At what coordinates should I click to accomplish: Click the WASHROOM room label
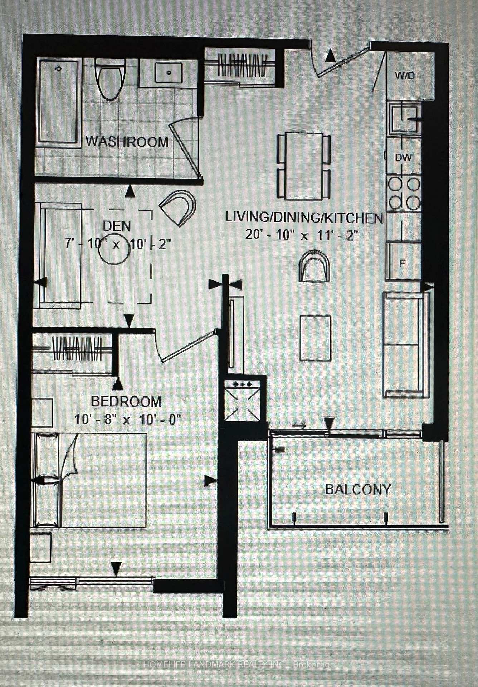point(127,142)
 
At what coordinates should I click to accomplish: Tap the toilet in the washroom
point(110,79)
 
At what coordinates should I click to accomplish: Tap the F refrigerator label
point(402,264)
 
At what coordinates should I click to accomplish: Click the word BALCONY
point(358,489)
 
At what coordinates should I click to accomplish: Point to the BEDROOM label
point(126,401)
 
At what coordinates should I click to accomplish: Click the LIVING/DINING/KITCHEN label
point(304,217)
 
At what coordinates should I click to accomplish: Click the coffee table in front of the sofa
point(315,338)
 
